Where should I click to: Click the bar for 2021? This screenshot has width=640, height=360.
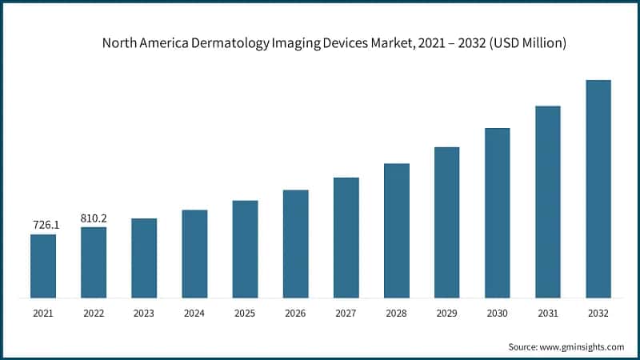pos(43,266)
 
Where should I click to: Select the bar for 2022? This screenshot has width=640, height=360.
pos(94,262)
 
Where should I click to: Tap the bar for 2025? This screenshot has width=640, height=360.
pos(245,250)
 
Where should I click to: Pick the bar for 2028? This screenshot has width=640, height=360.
pos(396,231)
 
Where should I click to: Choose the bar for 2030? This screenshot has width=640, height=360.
pos(497,214)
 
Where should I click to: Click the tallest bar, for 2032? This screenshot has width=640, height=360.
pos(598,190)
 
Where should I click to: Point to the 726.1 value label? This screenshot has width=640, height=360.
pos(43,226)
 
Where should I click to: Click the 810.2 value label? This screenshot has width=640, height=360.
pos(94,218)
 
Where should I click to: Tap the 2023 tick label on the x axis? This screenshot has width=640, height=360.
pos(144,314)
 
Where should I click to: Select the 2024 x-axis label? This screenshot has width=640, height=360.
pos(194,314)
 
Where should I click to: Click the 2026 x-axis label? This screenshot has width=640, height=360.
pos(295,314)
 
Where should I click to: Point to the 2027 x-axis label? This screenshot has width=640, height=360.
pos(346,314)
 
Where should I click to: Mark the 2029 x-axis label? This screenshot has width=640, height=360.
pos(446,314)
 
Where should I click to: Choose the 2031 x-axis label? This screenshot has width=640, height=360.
pos(547,314)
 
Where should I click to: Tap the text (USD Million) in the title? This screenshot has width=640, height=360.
pos(524,44)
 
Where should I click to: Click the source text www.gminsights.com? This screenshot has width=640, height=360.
pos(584,346)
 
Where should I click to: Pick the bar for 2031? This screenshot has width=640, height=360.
pos(547,202)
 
